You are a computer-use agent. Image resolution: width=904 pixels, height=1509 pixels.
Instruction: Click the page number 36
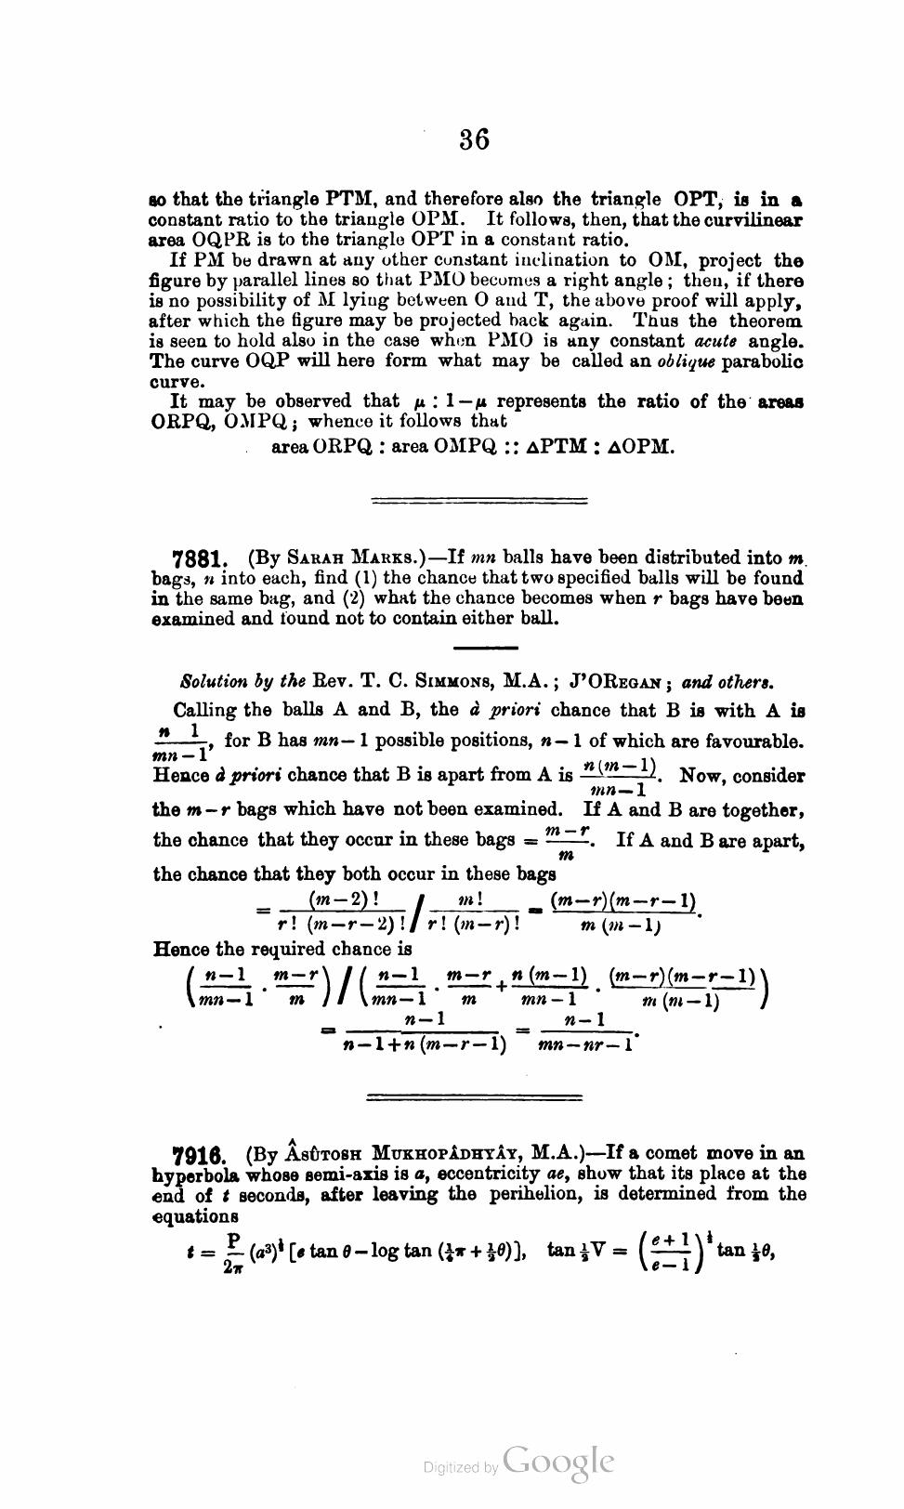(x=474, y=139)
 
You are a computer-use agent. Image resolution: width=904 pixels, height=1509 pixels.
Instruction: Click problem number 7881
(x=201, y=559)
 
